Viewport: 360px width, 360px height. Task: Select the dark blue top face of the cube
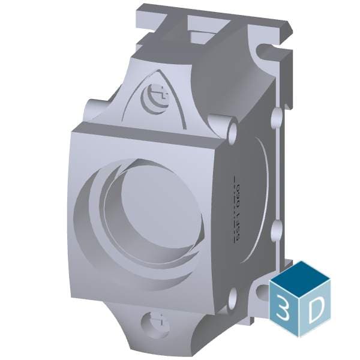click(x=299, y=276)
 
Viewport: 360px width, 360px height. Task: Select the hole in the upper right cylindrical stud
click(x=233, y=128)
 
